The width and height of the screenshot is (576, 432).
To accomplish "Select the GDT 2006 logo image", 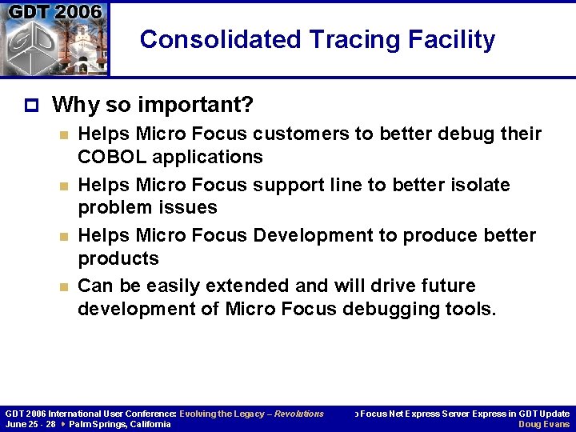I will click(x=54, y=38).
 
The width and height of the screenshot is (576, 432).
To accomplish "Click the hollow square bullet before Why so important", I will click(x=30, y=105).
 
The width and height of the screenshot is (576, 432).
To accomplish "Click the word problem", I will click(x=112, y=207).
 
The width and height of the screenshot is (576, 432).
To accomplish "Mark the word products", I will click(x=118, y=258).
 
